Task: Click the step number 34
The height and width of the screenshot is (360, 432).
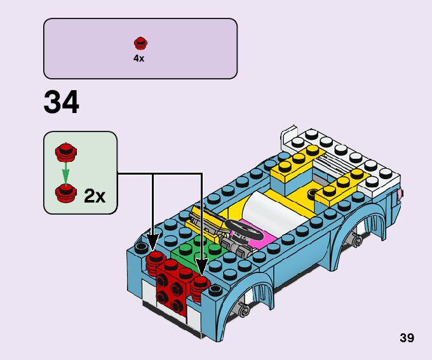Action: click(62, 103)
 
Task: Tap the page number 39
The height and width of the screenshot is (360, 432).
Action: click(407, 338)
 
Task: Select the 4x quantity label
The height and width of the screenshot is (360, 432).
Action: click(139, 58)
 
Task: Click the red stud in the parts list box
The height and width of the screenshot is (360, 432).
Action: click(140, 44)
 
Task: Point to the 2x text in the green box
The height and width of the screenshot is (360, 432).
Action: click(95, 196)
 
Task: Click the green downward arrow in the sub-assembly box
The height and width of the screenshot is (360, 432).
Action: click(63, 171)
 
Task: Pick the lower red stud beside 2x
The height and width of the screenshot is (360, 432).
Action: click(63, 191)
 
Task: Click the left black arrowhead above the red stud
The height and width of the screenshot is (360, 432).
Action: click(152, 243)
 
